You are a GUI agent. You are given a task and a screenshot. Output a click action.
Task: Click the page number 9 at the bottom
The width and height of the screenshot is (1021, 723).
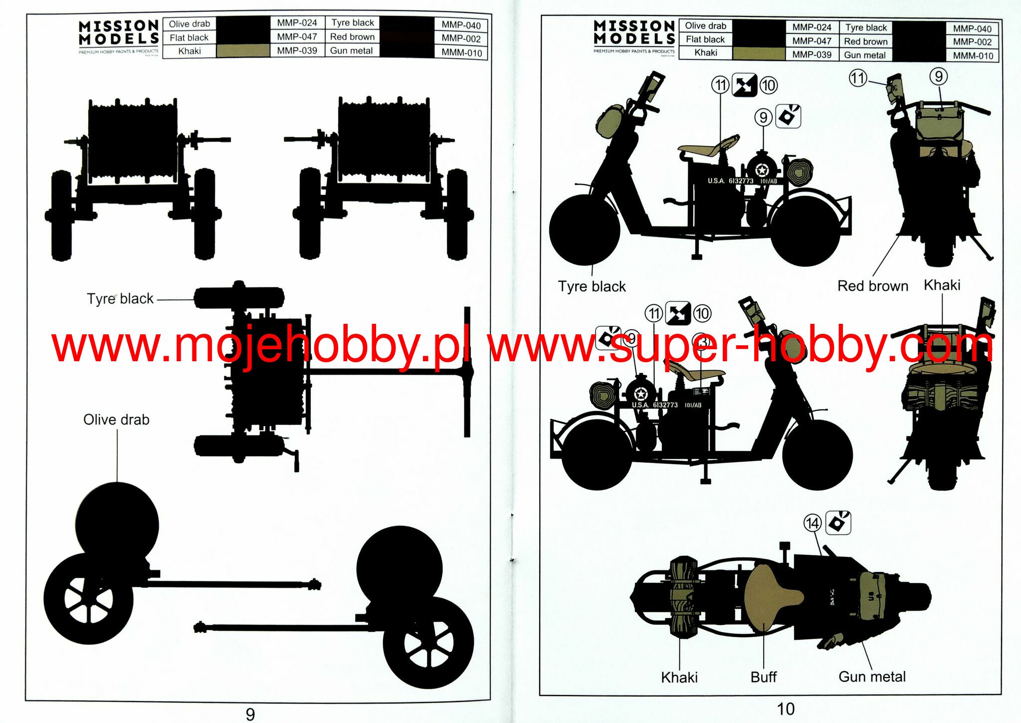tap(250, 714)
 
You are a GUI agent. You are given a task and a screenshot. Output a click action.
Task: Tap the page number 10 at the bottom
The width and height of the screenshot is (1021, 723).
tap(785, 709)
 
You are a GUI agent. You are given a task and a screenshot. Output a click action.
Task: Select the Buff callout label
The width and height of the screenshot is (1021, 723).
tap(764, 677)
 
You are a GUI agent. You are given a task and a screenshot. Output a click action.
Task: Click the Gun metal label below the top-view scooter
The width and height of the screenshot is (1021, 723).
tap(872, 677)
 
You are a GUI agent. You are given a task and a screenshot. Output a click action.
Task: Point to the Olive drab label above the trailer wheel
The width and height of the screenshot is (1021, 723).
tap(116, 420)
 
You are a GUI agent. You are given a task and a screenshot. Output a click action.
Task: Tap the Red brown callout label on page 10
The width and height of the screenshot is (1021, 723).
tap(872, 286)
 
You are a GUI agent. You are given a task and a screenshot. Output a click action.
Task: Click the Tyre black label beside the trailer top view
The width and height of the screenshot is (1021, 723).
tap(120, 298)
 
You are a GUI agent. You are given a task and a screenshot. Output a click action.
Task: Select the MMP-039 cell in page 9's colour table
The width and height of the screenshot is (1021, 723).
tap(297, 51)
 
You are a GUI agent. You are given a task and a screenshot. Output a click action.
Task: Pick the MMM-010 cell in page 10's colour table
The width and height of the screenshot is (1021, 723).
tap(973, 55)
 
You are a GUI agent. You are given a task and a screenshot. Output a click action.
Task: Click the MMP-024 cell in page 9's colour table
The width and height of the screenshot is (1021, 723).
tap(297, 23)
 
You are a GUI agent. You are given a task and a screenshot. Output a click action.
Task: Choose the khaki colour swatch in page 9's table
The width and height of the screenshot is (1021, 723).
tap(243, 51)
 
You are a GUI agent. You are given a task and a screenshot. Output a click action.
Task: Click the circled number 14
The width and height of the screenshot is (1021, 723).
tap(812, 523)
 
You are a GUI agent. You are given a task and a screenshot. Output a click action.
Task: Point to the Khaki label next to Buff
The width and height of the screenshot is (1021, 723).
tap(679, 678)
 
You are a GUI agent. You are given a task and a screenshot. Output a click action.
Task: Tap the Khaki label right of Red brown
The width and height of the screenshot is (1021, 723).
tap(942, 285)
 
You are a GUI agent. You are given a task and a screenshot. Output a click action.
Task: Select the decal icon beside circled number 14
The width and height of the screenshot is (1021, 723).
tap(838, 523)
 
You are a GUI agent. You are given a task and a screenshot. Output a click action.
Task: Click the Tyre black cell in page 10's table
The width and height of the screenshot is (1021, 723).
tap(866, 28)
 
